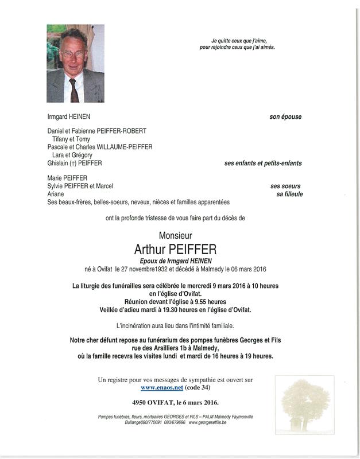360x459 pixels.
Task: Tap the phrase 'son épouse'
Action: (x=285, y=117)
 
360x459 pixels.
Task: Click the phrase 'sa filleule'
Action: (x=289, y=194)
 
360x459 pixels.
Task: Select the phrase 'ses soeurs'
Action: (x=285, y=186)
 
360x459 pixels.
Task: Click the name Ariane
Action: (x=56, y=194)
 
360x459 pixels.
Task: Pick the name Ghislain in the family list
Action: (x=60, y=163)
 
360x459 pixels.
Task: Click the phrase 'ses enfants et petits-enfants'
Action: (x=262, y=163)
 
